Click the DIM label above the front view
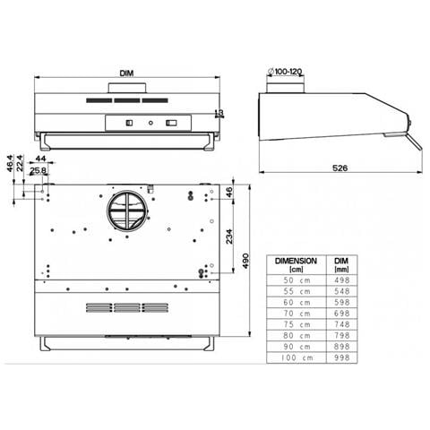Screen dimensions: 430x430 tap(126, 73)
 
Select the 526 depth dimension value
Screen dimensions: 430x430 tap(340, 168)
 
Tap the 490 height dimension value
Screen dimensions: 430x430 tap(245, 261)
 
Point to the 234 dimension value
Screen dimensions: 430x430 tap(229, 236)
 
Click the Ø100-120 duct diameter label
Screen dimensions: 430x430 tap(285, 72)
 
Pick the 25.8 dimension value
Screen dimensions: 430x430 tap(39, 170)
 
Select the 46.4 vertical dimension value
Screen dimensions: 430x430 tap(10, 163)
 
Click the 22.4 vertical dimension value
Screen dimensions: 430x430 tap(20, 163)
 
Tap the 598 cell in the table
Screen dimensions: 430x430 tap(342, 302)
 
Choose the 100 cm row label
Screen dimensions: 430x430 tap(297, 357)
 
